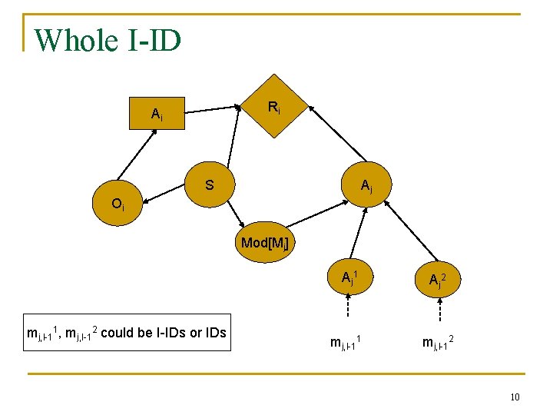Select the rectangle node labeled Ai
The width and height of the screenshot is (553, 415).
[x=157, y=115]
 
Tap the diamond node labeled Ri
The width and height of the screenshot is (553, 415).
[x=273, y=107]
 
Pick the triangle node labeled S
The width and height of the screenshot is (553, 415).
[x=209, y=185]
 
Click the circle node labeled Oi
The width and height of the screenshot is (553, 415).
[x=117, y=204]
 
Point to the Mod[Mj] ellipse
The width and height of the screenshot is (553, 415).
[x=264, y=243]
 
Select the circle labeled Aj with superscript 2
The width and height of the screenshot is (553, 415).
[x=439, y=280]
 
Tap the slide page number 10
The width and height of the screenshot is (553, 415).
[x=515, y=397]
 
